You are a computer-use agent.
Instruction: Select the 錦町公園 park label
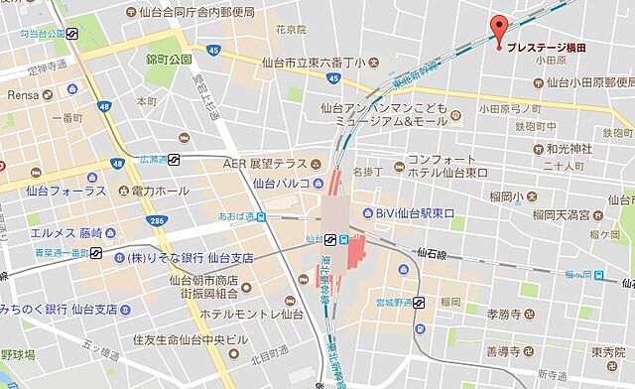pyautogui.click(x=168, y=59)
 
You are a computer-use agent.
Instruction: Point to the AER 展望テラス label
pyautogui.click(x=265, y=164)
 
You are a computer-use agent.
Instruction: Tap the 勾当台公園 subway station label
pyautogui.click(x=33, y=34)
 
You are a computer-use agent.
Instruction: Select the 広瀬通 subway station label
pyautogui.click(x=153, y=159)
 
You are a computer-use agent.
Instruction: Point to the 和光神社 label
pyautogui.click(x=570, y=148)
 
